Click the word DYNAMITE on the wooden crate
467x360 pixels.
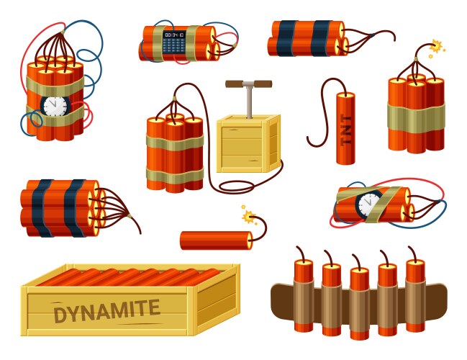point(106,311)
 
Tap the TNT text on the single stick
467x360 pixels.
point(346,129)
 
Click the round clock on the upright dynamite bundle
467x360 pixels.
point(55,106)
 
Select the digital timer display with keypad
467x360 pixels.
point(173,41)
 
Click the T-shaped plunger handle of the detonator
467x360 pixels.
point(248,84)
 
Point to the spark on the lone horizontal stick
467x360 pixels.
point(250,215)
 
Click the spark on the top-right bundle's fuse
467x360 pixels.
point(435,48)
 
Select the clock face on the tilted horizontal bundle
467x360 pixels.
point(369,203)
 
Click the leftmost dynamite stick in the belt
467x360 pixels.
point(303,295)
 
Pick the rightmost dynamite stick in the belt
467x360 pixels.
point(414,295)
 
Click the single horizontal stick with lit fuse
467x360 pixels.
point(215,240)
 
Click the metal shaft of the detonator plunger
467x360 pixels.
point(249,102)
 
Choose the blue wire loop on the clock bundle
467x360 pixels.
point(92,54)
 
